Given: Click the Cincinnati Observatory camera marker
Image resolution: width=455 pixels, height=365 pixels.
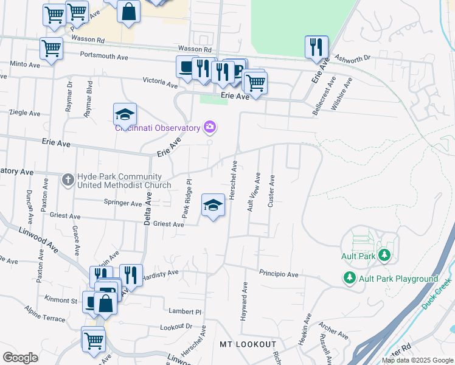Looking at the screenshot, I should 210,127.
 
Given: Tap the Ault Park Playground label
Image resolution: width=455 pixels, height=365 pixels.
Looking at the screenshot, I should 398,279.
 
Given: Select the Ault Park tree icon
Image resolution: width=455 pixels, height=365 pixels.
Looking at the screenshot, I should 384,255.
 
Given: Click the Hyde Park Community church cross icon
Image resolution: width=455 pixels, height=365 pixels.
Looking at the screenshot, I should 68,179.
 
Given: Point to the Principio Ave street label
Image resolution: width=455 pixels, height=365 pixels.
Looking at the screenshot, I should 278,274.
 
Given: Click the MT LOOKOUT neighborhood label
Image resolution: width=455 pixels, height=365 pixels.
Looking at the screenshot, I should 248,344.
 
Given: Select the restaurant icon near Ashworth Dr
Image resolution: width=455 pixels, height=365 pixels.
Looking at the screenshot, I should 316,47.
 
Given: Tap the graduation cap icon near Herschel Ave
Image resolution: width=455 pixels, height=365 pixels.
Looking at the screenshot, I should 213,206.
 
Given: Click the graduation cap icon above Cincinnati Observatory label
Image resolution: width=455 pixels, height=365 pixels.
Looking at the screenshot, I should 125,114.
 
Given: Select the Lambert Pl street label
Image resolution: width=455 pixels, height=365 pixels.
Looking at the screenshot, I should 186,310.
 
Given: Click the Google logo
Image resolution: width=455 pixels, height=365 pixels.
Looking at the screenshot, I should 20,358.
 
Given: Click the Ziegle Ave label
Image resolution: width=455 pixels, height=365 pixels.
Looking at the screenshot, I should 25,113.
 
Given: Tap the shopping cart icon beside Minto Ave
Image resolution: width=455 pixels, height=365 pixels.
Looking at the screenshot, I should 51,47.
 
